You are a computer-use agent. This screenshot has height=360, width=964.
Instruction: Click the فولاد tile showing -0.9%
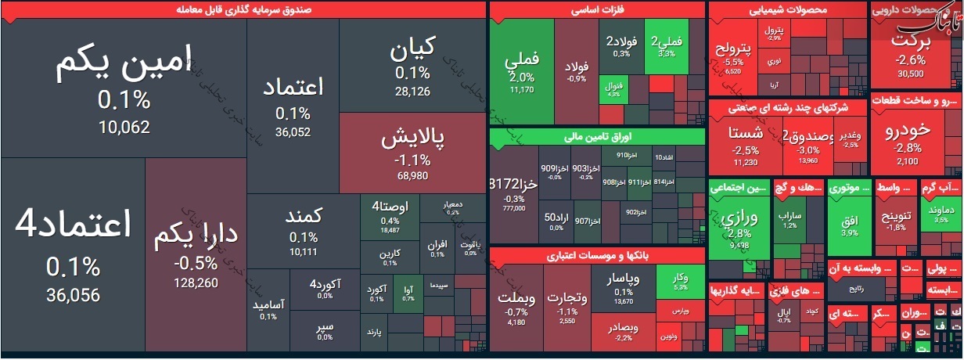point(577,70)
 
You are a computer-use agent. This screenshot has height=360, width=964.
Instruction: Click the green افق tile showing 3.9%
point(849,223)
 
